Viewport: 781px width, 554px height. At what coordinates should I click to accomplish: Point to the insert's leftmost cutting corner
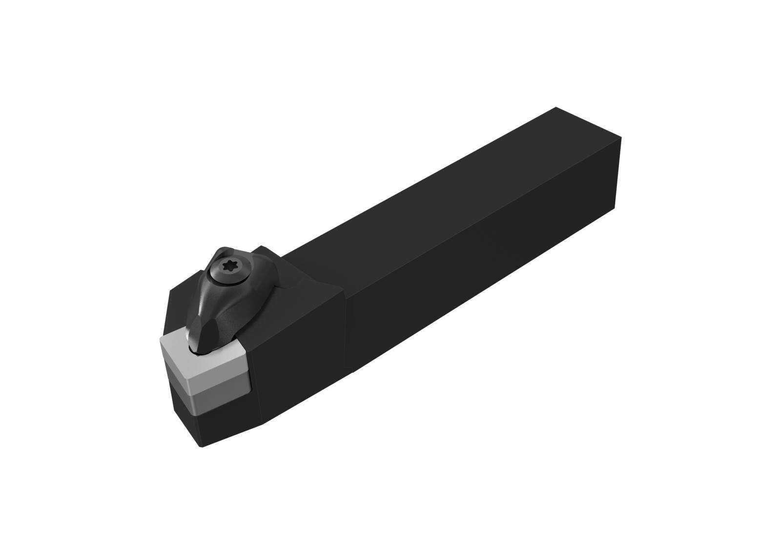pyautogui.click(x=161, y=338)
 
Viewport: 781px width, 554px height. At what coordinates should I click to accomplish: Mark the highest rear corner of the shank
pyautogui.click(x=556, y=106)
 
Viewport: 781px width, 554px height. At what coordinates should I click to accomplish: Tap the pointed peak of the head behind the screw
pyautogui.click(x=262, y=246)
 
